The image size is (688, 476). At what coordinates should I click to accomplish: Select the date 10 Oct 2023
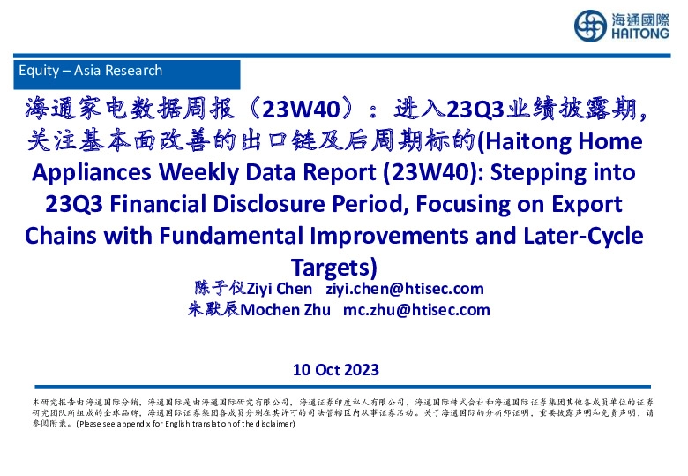click(335, 370)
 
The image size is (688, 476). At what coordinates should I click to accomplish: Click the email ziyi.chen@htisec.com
click(405, 289)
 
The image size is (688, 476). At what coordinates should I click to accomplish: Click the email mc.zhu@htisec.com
click(416, 309)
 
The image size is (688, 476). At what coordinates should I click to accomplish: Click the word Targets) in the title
click(333, 266)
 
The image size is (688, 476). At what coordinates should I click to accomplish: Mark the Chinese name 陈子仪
click(216, 289)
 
